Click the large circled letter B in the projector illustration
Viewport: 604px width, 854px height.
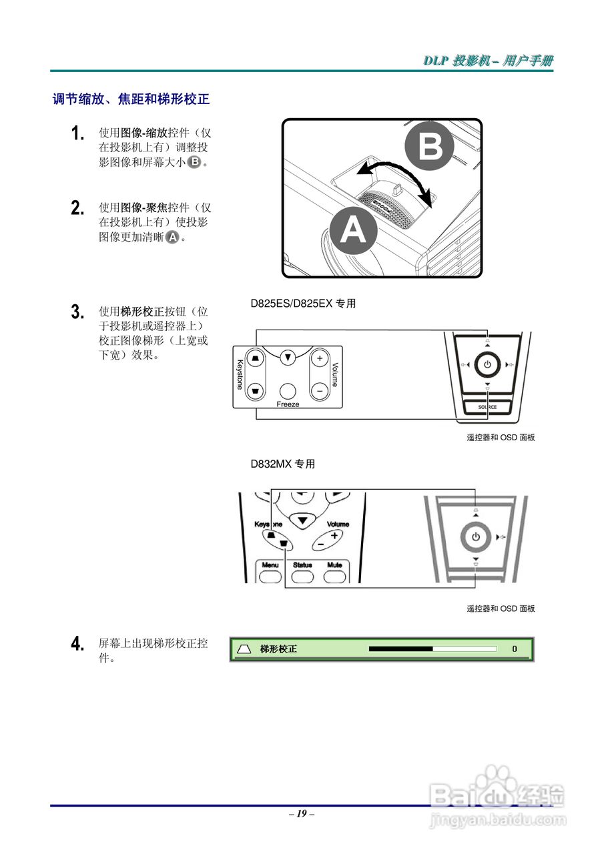tap(430, 148)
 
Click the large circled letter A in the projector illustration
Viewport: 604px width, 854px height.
tap(352, 231)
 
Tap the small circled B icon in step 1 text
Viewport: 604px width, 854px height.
tap(194, 163)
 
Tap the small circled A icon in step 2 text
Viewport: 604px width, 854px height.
tap(173, 237)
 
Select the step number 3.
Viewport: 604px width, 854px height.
tap(77, 312)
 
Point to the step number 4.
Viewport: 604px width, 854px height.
tap(77, 644)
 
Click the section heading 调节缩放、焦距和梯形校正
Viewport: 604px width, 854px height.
tap(131, 99)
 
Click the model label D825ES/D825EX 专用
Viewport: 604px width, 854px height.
tap(303, 304)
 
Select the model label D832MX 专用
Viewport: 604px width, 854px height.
tap(282, 464)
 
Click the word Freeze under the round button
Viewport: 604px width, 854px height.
tap(288, 404)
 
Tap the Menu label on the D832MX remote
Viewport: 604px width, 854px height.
tap(270, 564)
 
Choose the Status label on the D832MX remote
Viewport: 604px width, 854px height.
tap(302, 564)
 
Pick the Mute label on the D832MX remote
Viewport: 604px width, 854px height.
tap(334, 564)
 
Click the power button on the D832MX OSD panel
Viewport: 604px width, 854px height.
tap(475, 536)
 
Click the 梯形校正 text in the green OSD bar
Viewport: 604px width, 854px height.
tap(278, 649)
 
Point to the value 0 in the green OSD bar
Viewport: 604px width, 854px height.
tap(515, 649)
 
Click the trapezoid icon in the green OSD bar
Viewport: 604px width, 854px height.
tap(244, 649)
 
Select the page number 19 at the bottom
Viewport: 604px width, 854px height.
tap(302, 813)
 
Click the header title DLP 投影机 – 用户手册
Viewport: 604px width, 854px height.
tap(488, 61)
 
